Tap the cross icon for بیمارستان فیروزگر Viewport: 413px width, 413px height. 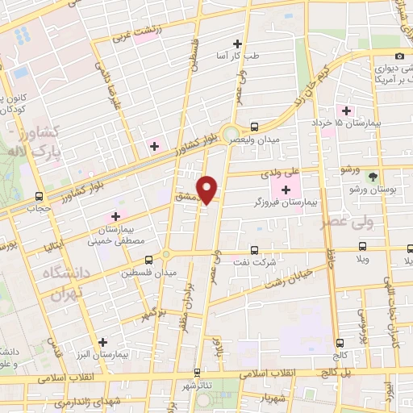(x=286, y=189)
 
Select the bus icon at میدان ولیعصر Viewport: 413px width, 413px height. (x=254, y=126)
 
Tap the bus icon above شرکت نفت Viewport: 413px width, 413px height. (x=254, y=250)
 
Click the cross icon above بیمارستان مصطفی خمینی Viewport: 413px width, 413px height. (x=115, y=216)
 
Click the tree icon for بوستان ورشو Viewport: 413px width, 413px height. (x=372, y=176)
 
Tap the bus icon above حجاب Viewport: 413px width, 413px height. (x=40, y=196)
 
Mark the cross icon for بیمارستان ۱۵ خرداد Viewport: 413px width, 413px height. (x=347, y=110)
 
